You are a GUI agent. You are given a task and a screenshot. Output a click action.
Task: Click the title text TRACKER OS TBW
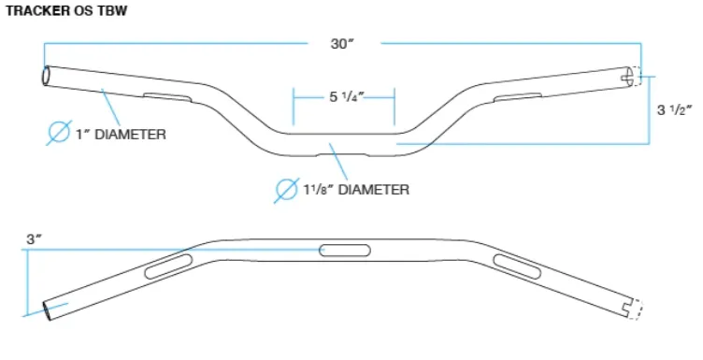65,11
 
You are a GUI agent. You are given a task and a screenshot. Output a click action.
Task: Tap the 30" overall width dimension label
342,44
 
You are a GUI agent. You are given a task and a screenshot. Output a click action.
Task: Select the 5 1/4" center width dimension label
347,97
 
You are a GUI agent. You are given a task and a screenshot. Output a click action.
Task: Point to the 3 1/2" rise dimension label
675,109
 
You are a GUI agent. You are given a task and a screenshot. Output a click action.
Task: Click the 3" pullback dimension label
34,239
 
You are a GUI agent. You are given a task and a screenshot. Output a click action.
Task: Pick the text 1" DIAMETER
121,134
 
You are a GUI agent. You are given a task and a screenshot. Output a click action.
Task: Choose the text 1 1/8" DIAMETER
356,190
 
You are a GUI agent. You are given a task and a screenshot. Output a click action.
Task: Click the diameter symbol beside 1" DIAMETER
59,132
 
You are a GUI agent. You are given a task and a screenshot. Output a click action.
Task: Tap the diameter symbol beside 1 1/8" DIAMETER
287,190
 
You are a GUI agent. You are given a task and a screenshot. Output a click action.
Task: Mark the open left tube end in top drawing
46,76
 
